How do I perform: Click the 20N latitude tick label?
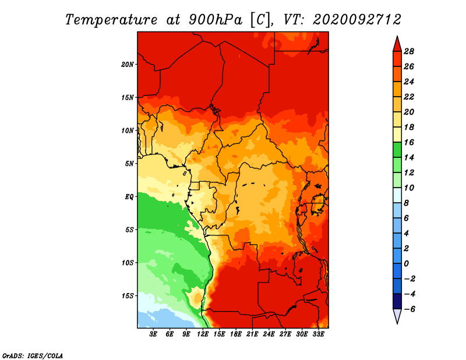click(x=128, y=64)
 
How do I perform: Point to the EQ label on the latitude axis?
click(x=129, y=196)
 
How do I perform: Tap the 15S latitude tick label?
click(x=128, y=295)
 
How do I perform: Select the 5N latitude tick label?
click(x=129, y=164)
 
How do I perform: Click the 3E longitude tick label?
click(x=154, y=334)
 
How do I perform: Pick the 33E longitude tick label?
click(x=318, y=334)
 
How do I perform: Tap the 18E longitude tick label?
click(x=236, y=334)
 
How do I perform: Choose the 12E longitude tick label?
click(x=203, y=334)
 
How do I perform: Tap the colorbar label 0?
click(x=409, y=264)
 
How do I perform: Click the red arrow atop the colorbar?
click(x=397, y=44)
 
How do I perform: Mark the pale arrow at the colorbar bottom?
click(x=397, y=316)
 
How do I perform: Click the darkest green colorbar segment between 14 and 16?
click(x=397, y=150)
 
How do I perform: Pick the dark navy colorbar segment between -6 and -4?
click(x=397, y=301)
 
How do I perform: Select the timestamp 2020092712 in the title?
click(x=357, y=20)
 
